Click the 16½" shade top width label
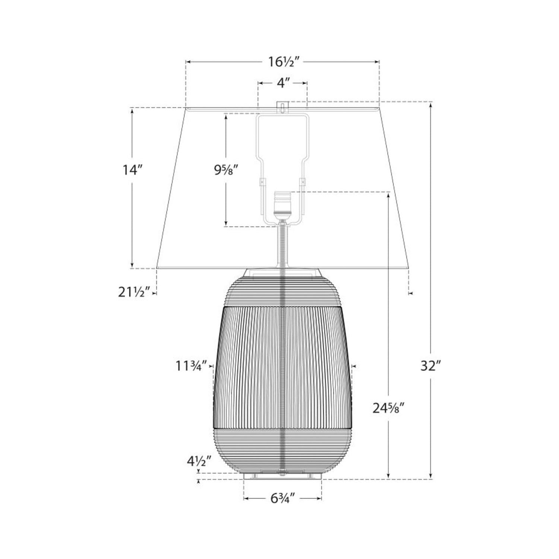pyautogui.click(x=282, y=62)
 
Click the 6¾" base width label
pyautogui.click(x=282, y=498)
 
